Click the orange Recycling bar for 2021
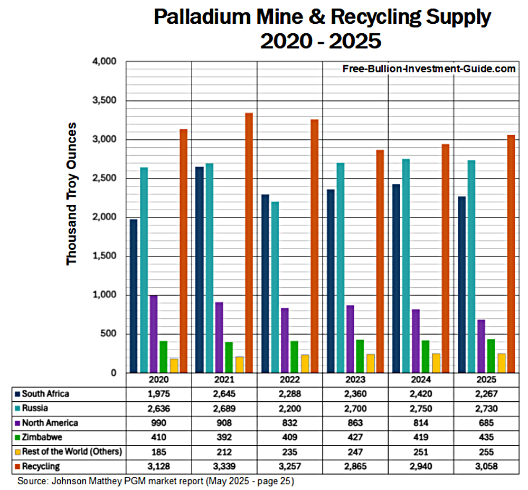pyautogui.click(x=249, y=243)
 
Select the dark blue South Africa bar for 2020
pyautogui.click(x=134, y=296)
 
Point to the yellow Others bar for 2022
pyautogui.click(x=305, y=364)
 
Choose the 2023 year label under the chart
pyautogui.click(x=355, y=380)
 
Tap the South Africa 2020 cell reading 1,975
pyautogui.click(x=158, y=394)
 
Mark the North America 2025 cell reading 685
pyautogui.click(x=486, y=422)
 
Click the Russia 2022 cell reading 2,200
pyautogui.click(x=289, y=408)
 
